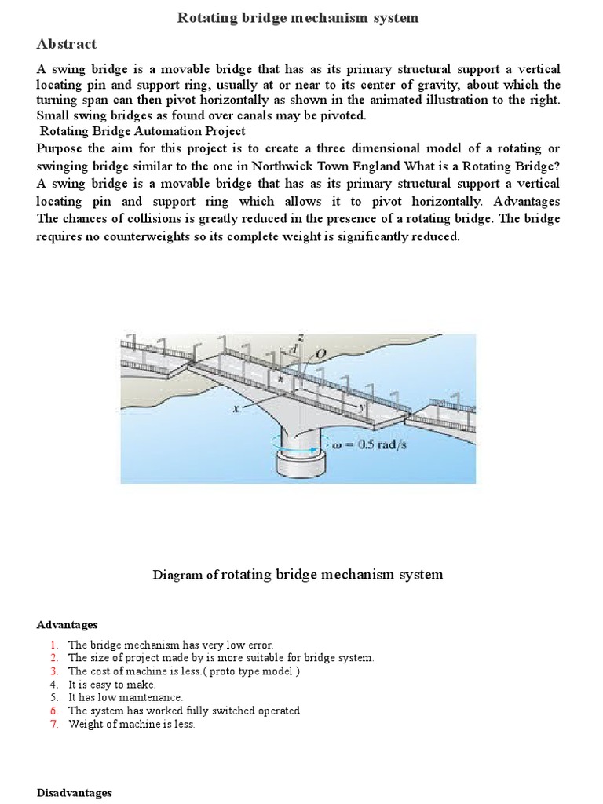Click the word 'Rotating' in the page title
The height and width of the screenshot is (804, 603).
coord(205,17)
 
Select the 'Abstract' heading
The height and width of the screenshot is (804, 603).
coord(67,44)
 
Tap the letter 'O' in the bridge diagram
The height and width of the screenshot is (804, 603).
coord(320,355)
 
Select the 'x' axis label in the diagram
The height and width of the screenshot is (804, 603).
coord(235,409)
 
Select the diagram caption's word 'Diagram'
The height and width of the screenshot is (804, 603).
coord(176,575)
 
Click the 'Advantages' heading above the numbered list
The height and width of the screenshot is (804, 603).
coord(67,625)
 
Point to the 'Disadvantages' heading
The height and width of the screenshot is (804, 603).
coord(74,793)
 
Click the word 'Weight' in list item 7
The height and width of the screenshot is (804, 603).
coord(83,724)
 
